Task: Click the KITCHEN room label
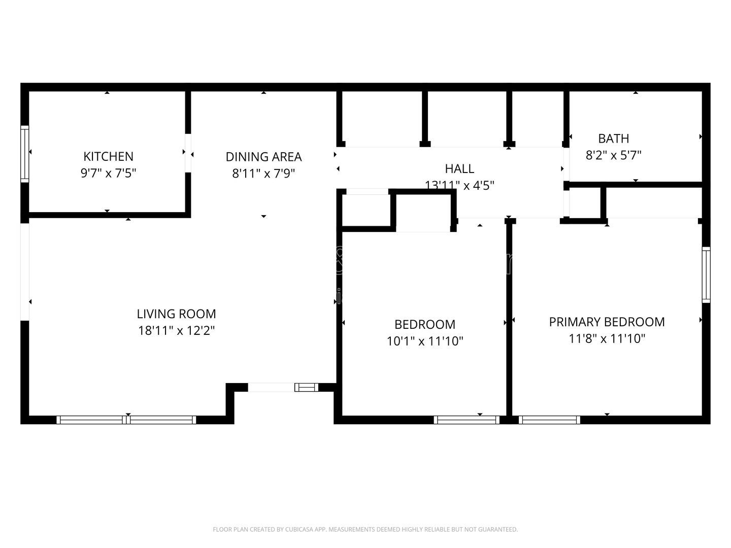(108, 156)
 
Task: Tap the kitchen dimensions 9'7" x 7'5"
(108, 173)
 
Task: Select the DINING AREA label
(263, 157)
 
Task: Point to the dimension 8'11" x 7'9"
(263, 174)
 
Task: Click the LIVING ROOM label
(176, 314)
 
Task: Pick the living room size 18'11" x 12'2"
(176, 331)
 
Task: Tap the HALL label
(459, 168)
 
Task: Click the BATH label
(613, 139)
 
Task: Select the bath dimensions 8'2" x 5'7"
(613, 155)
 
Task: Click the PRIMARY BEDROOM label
(607, 322)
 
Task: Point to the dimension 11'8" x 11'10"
(607, 338)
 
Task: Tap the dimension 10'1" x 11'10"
(425, 341)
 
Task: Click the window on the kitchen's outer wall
(24, 154)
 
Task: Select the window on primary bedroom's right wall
(706, 275)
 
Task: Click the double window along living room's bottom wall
(126, 420)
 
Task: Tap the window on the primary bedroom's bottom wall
(549, 420)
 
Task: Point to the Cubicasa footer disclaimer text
(365, 529)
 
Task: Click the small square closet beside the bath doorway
(585, 203)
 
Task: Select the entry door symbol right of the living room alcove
(306, 388)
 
